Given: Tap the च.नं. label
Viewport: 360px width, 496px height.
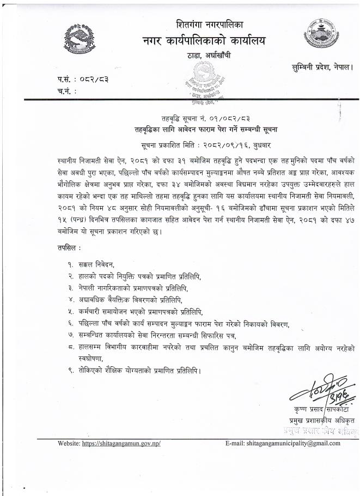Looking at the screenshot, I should pyautogui.click(x=66, y=91).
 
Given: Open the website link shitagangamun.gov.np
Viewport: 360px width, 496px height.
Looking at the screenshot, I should pyautogui.click(x=121, y=444).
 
